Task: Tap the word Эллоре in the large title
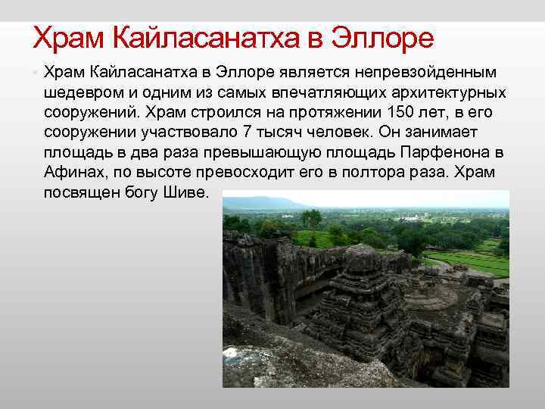point(384,38)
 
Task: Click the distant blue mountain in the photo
point(261,202)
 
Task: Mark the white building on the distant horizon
point(413,218)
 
